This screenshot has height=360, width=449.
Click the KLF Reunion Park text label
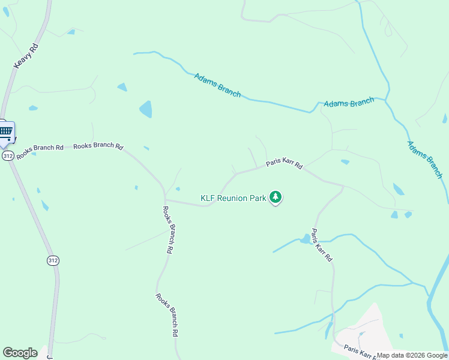(x=233, y=198)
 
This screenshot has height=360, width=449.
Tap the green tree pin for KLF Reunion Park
(x=276, y=197)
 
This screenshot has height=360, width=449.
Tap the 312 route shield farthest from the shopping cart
(x=53, y=260)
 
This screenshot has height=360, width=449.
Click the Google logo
(x=20, y=353)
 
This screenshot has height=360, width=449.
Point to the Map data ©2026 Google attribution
(x=412, y=355)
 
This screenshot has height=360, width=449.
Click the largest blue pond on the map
(x=146, y=109)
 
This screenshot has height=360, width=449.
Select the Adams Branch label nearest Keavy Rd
(x=217, y=85)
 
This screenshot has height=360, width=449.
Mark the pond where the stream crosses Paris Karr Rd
(x=306, y=239)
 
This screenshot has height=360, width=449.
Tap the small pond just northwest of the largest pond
(x=122, y=87)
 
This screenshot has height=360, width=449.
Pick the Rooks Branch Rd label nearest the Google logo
(x=167, y=314)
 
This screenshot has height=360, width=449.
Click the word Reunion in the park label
(x=233, y=198)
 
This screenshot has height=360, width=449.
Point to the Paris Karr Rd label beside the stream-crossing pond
(x=322, y=245)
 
